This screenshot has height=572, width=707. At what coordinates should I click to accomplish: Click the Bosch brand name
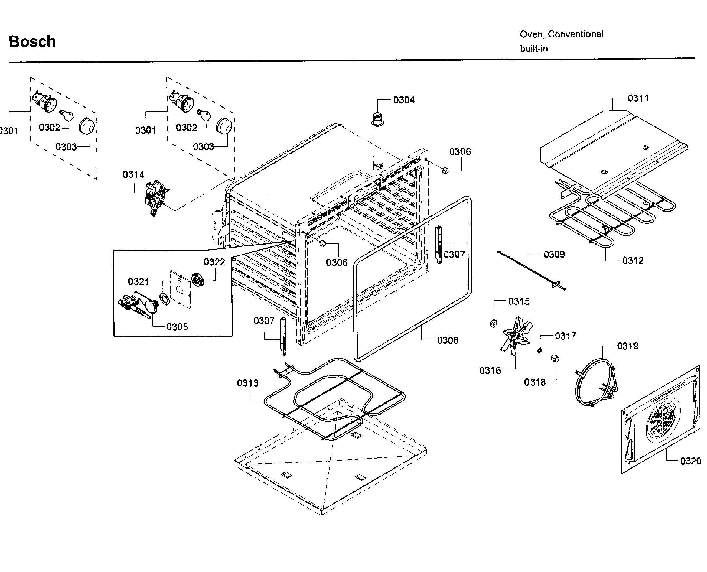(x=32, y=42)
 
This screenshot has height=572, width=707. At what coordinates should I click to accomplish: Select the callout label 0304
(x=404, y=100)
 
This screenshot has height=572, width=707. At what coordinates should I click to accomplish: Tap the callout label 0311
(x=638, y=98)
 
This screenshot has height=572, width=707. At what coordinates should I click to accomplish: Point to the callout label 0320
(x=691, y=461)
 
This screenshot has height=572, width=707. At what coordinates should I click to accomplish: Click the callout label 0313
(x=247, y=383)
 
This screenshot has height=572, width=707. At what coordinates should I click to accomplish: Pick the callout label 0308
(x=447, y=340)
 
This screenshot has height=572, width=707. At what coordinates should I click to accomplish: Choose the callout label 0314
(x=133, y=175)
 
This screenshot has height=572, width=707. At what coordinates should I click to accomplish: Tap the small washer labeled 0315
(x=493, y=324)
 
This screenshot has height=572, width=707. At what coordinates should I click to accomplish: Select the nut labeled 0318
(x=555, y=358)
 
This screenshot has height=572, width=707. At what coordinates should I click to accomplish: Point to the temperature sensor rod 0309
(x=531, y=270)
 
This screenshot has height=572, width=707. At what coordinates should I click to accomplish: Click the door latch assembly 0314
(x=156, y=198)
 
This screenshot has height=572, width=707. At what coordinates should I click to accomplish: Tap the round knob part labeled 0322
(x=197, y=280)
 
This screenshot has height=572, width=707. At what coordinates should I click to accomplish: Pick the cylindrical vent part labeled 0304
(x=377, y=119)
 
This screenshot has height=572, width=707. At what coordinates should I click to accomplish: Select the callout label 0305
(x=177, y=327)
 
